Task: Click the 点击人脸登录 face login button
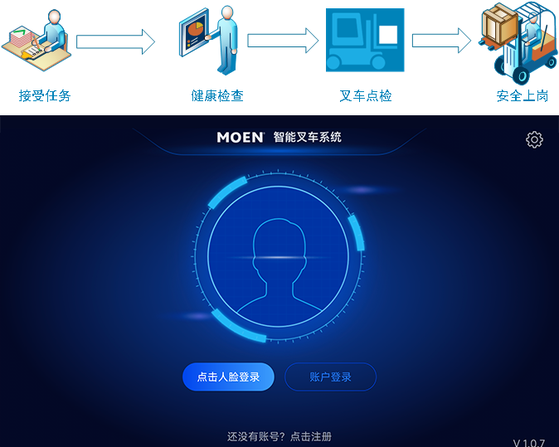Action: point(228,377)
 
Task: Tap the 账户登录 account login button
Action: point(330,377)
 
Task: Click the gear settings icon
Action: point(534,139)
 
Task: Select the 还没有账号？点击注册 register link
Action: point(279,436)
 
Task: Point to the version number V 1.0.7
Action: point(528,443)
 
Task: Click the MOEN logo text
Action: point(241,137)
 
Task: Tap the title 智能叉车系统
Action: point(308,137)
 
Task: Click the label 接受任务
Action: point(45,95)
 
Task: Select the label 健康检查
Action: point(217,95)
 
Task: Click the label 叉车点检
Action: point(366,95)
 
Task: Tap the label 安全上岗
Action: point(523,95)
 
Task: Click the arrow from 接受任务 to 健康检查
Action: point(115,41)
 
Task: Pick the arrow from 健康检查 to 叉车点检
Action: point(283,41)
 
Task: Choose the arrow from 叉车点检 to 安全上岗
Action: point(441,41)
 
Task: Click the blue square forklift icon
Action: point(365,40)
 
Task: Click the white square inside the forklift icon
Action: point(388,35)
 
